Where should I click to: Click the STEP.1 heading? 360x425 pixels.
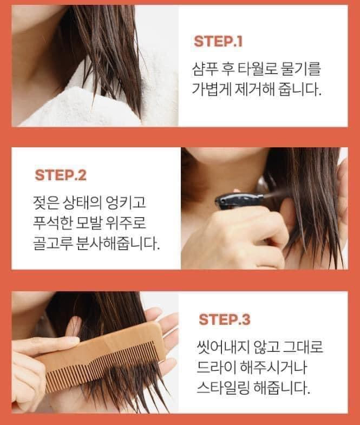(218, 42)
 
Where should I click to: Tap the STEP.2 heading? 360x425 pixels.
(61, 175)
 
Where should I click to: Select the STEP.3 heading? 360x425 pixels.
(225, 319)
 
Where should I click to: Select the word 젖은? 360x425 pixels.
(45, 202)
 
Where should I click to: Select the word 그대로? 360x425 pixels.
(303, 347)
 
